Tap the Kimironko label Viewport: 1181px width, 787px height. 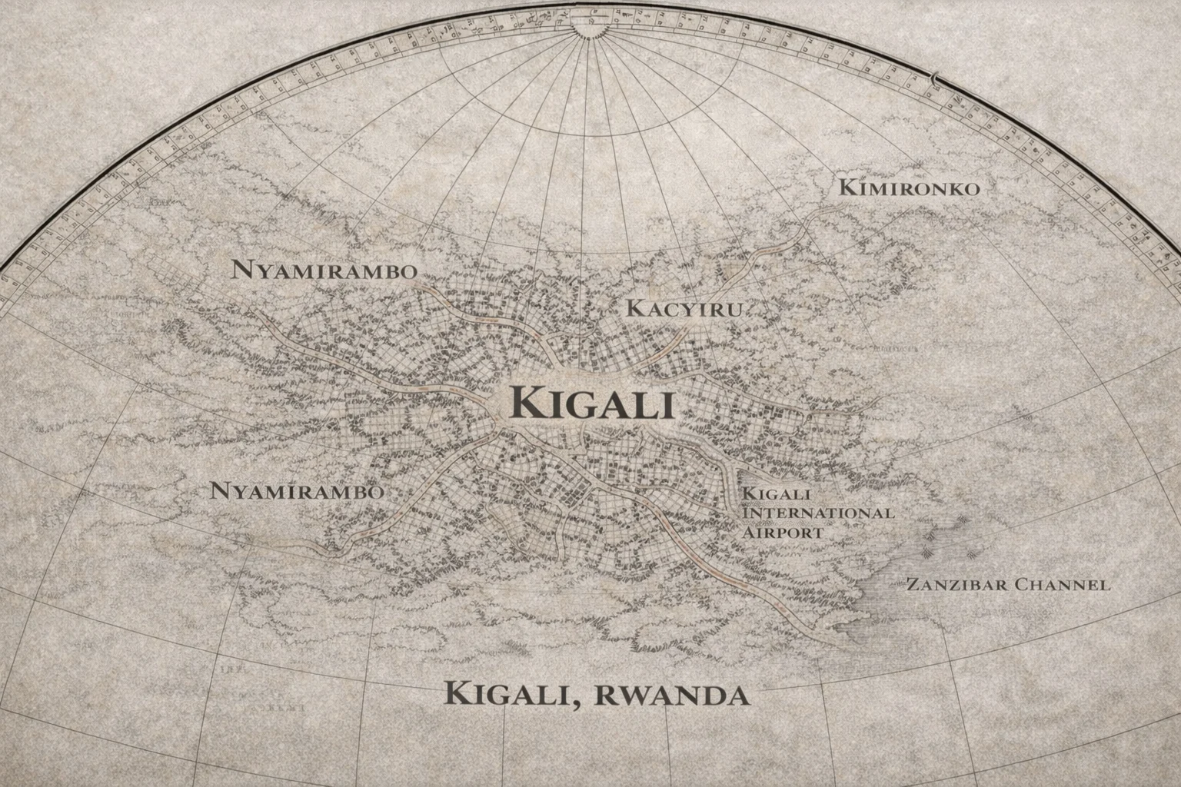909,188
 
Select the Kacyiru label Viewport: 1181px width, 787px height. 684,309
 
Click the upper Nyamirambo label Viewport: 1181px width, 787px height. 324,271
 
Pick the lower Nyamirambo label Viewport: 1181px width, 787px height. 296,491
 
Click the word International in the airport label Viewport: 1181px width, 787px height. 817,513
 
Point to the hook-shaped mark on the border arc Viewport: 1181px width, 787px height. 933,76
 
